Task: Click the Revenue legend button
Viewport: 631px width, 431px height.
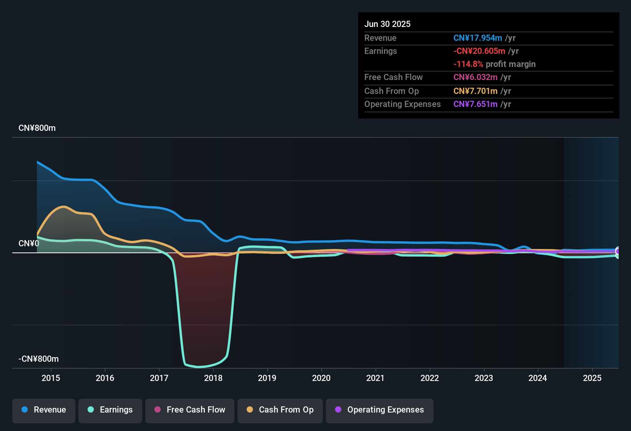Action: point(44,410)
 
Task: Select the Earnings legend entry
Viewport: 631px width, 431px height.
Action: point(110,410)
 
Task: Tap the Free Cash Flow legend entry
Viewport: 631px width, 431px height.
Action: point(190,410)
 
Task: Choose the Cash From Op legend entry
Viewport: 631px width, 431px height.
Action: point(280,410)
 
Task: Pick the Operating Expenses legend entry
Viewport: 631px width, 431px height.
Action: point(380,410)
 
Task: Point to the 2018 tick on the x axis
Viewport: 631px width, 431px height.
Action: point(213,378)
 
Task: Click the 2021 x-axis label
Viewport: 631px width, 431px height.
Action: point(375,378)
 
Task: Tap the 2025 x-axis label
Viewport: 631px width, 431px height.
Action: point(592,378)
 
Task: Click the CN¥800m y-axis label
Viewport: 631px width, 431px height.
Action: point(37,128)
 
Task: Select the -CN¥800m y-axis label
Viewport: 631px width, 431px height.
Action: point(38,359)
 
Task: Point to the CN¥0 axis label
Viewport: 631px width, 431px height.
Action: point(29,244)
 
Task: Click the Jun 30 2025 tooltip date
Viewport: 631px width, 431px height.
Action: point(387,24)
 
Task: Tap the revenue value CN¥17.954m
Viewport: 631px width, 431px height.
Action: point(478,38)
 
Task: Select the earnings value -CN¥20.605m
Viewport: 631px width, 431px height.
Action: point(479,51)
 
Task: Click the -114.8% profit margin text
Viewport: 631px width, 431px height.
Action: point(494,64)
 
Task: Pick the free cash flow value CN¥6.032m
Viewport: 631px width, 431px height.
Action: point(475,77)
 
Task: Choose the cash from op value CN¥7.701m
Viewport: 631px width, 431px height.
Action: point(475,91)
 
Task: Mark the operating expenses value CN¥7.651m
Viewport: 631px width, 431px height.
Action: point(475,104)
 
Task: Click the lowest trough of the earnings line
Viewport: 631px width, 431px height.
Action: point(199,367)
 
